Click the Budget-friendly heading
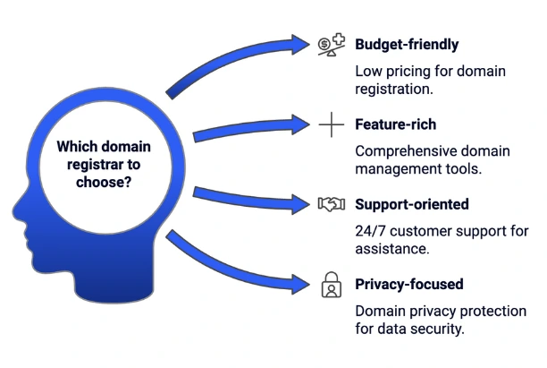[407, 44]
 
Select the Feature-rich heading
[397, 125]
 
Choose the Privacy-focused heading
[408, 285]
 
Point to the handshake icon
[332, 205]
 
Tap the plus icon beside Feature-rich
[332, 125]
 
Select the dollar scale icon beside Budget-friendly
[332, 44]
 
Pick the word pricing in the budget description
[408, 71]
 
